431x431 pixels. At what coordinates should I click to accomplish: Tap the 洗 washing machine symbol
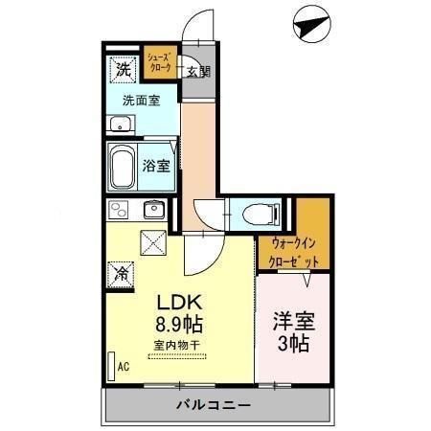click(123, 69)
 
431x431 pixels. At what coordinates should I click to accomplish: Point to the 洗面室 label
click(139, 99)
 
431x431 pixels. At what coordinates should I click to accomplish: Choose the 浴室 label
click(157, 165)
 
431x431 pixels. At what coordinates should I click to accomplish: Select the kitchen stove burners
click(118, 210)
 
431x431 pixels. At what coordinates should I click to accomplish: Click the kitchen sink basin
click(153, 210)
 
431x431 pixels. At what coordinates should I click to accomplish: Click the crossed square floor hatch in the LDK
click(153, 241)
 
